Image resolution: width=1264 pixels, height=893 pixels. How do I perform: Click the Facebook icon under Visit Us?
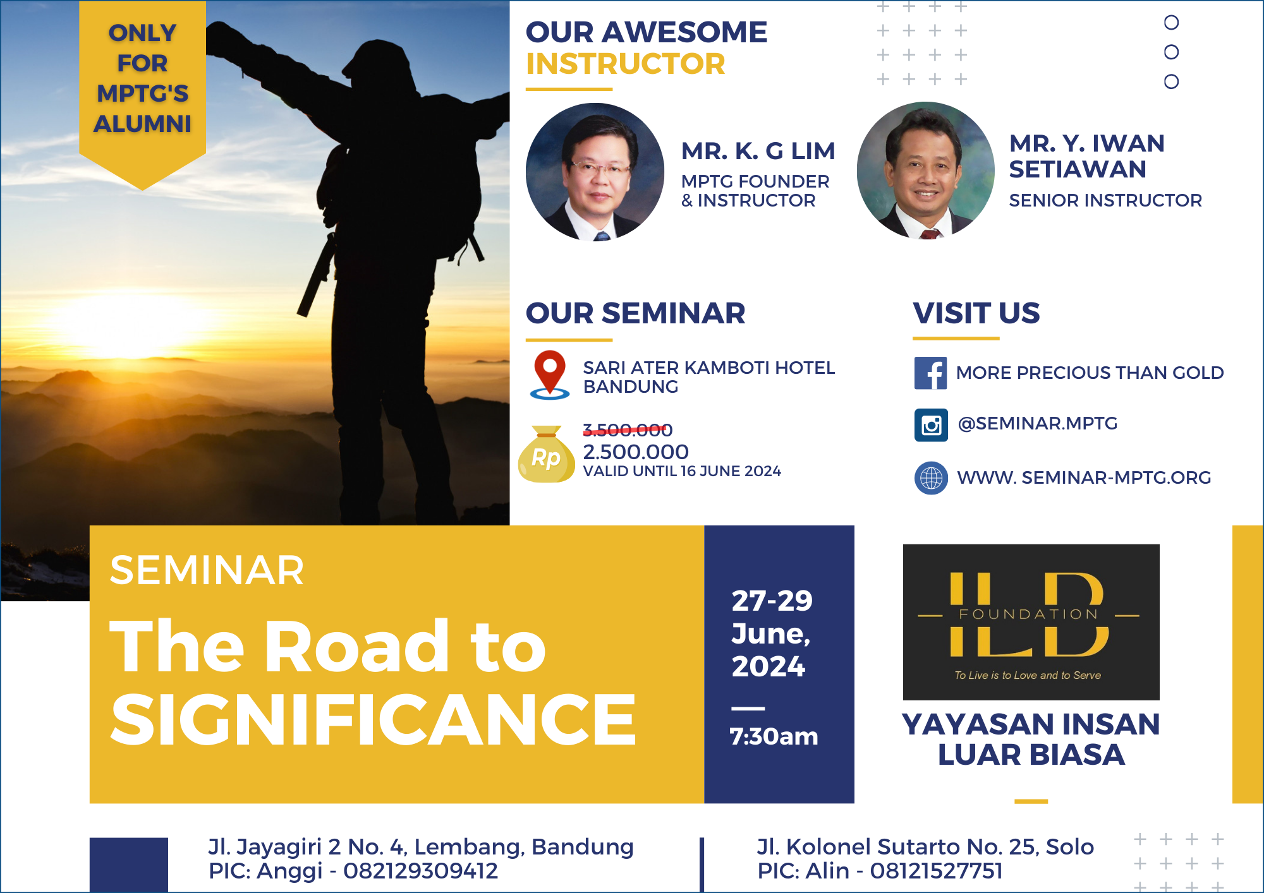[x=930, y=373]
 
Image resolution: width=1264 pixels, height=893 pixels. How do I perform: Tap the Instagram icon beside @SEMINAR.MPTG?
[x=931, y=424]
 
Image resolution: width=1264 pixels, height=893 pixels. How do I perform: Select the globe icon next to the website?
[x=931, y=478]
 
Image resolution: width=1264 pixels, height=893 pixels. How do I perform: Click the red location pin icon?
[x=550, y=375]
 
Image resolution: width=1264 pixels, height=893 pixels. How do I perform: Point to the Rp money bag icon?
[x=546, y=454]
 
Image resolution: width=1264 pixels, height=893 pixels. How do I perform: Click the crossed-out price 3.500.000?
[x=628, y=430]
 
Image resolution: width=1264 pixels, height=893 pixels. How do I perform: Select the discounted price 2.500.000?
[x=636, y=452]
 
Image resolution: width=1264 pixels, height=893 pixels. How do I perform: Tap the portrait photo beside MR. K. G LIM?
[x=595, y=172]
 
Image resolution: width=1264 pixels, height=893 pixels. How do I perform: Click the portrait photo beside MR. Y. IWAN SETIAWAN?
[x=925, y=171]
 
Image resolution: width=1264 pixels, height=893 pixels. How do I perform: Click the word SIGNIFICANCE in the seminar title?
[x=374, y=719]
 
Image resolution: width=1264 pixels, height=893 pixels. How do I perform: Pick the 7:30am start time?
[x=774, y=736]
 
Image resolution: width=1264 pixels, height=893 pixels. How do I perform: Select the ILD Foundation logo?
[x=1031, y=622]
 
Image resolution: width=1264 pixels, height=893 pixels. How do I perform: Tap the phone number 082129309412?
[x=420, y=871]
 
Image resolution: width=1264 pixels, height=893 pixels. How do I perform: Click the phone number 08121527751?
[x=936, y=871]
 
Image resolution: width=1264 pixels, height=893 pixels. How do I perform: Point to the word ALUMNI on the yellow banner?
[x=143, y=124]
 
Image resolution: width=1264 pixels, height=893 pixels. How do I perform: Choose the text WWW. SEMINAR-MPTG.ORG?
[x=1084, y=477]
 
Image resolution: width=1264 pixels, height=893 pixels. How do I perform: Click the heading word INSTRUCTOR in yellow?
[x=626, y=64]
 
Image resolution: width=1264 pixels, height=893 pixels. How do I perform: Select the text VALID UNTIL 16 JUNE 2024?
[x=682, y=471]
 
